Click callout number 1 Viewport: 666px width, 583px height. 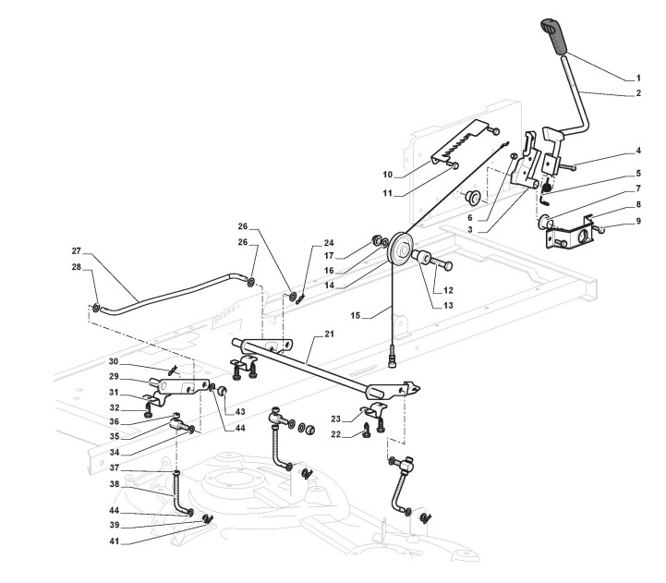click(x=638, y=78)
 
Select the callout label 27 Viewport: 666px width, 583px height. click(x=77, y=251)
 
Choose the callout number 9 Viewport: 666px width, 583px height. click(x=637, y=223)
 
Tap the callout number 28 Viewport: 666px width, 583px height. click(x=77, y=267)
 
